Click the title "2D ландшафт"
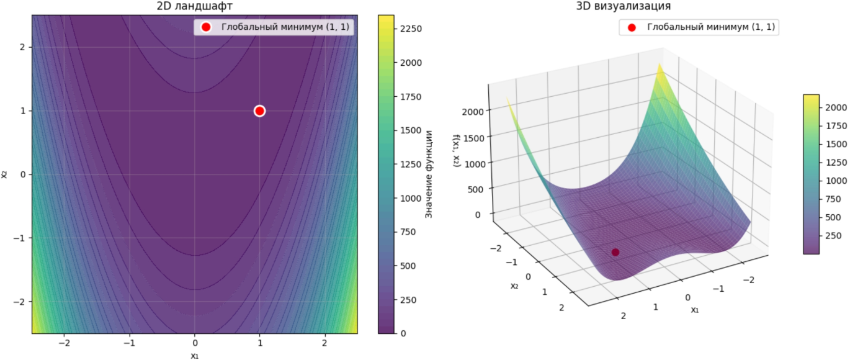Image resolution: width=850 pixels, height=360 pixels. pos(195,7)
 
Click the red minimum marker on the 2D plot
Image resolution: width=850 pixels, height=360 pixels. pos(259,110)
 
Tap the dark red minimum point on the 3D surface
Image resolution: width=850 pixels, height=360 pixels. pos(615,252)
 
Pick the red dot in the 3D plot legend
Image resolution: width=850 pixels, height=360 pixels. pos(632,27)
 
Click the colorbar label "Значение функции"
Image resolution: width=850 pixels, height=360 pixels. pos(428,174)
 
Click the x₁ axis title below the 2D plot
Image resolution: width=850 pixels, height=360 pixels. pos(195,356)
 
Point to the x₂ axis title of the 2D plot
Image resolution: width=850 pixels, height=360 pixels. pos(4,174)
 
